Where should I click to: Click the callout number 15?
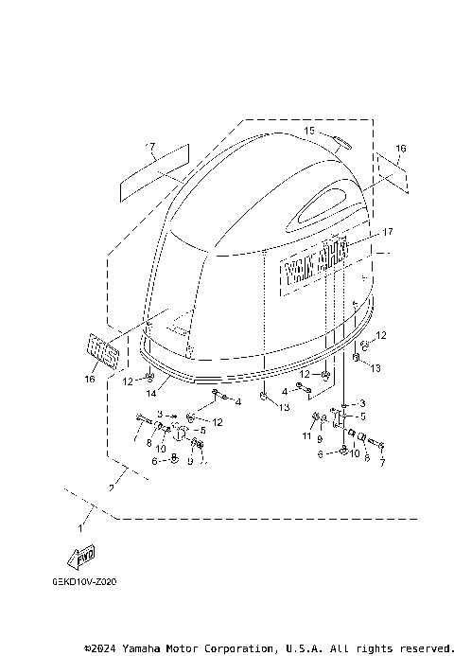pyautogui.click(x=308, y=130)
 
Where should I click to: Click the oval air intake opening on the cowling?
pyautogui.click(x=326, y=200)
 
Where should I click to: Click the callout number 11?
pyautogui.click(x=305, y=436)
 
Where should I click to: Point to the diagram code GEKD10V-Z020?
pyautogui.click(x=93, y=583)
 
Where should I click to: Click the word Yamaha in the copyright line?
pyautogui.click(x=156, y=648)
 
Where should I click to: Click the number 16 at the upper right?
pyautogui.click(x=401, y=149)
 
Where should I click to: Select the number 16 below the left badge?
pyautogui.click(x=89, y=379)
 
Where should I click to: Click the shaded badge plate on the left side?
pyautogui.click(x=103, y=352)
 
